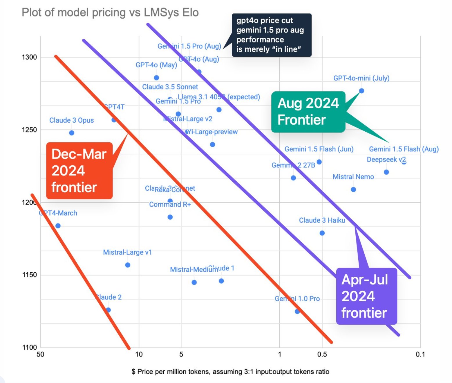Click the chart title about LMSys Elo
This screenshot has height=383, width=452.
[x=110, y=12]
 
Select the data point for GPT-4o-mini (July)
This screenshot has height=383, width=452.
[x=361, y=91]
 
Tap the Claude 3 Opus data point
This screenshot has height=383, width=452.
[x=72, y=133]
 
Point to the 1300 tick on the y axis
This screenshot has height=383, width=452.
[x=29, y=57]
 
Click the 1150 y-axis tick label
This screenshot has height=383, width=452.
[x=29, y=275]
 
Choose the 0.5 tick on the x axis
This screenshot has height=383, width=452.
[x=322, y=354]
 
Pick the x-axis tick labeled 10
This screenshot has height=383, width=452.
[x=139, y=354]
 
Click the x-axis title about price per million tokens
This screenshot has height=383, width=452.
[x=230, y=372]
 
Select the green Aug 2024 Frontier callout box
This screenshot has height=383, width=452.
[x=308, y=112]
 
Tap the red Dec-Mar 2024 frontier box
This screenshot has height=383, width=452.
[x=79, y=171]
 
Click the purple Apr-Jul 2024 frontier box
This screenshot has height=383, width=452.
[x=366, y=296]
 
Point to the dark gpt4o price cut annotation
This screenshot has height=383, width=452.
[x=272, y=35]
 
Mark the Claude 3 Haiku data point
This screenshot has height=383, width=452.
[x=322, y=233]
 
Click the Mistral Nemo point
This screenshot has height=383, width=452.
[x=353, y=189]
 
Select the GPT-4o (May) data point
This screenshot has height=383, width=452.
[x=156, y=78]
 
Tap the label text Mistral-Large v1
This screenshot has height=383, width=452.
[x=127, y=252]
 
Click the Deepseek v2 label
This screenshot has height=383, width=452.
[x=386, y=160]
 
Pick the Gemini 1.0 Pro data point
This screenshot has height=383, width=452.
[x=297, y=311]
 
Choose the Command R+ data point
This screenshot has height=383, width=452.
[x=170, y=217]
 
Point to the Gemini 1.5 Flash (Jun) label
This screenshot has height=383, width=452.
[x=319, y=149]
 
